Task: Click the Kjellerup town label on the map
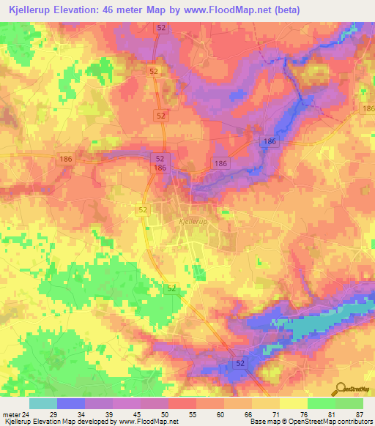click(192, 220)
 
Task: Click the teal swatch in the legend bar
click(42, 403)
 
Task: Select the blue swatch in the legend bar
click(70, 403)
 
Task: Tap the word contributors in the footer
click(354, 421)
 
